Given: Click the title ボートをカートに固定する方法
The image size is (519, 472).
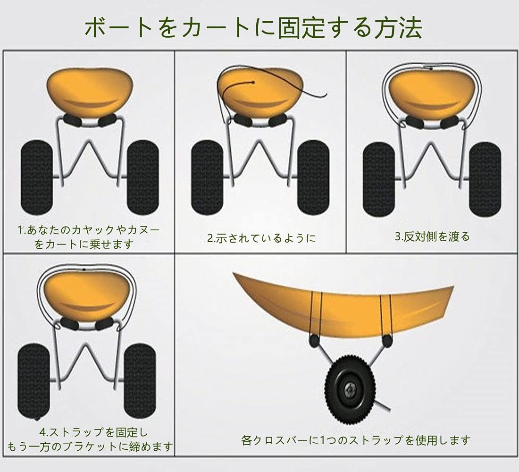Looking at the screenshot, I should point(253,28).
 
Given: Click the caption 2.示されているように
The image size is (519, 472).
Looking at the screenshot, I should point(262,238).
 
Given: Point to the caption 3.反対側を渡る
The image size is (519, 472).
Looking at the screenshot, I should point(432,236).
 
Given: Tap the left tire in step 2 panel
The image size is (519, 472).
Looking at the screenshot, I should point(207,177).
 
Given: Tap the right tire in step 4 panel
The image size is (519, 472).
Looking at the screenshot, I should point(140,380).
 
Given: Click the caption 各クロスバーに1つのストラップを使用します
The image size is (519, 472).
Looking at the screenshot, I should point(356,440).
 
